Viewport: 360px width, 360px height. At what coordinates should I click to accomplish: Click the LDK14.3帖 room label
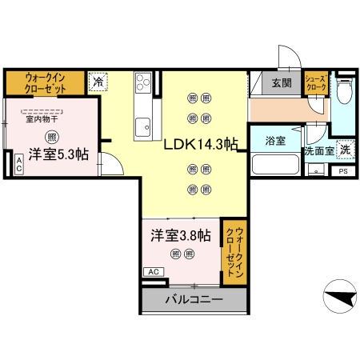(x=201, y=146)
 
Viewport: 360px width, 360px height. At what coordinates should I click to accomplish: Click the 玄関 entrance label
(x=281, y=83)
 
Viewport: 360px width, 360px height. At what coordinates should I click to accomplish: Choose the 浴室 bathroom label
(x=275, y=140)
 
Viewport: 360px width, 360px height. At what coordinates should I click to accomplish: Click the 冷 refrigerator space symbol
(x=98, y=81)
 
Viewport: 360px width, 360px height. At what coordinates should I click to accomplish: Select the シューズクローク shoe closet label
(x=316, y=83)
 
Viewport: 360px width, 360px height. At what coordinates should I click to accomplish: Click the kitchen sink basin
(x=144, y=126)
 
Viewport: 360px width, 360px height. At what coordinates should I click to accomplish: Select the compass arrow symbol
(x=339, y=298)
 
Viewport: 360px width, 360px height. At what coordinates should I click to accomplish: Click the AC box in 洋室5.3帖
(x=18, y=165)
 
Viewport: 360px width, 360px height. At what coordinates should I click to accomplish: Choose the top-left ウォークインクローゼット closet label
(x=45, y=82)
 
